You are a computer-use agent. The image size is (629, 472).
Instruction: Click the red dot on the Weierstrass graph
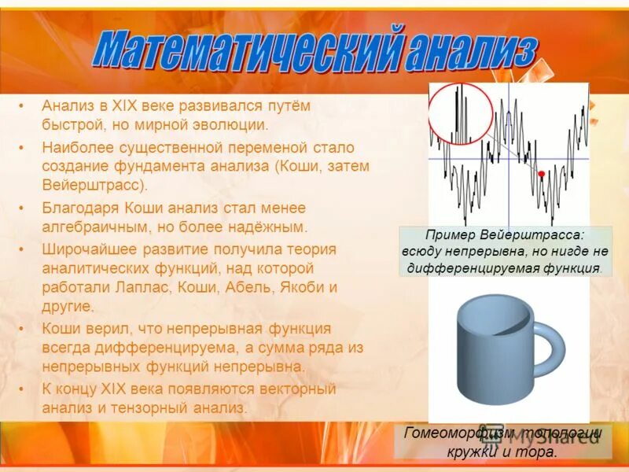point(541,173)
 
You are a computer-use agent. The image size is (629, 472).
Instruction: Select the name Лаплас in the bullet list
point(133,288)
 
